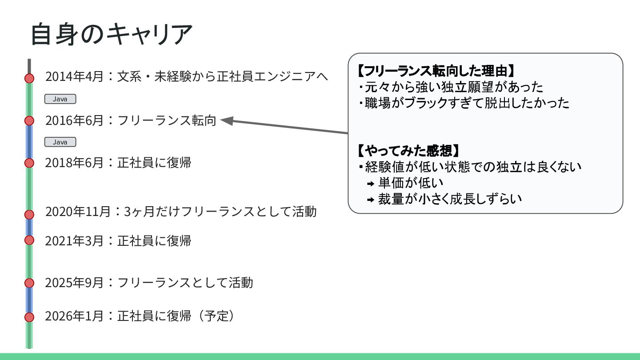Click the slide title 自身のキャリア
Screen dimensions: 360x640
111,34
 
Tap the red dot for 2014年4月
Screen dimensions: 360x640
29,78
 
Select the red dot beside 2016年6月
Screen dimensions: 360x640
29,120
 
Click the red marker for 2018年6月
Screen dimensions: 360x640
29,163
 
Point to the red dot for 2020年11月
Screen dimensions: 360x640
29,214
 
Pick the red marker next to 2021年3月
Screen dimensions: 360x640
29,240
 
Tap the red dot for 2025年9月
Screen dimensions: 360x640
29,283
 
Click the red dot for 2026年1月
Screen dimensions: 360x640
29,317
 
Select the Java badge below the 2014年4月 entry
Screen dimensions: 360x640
60,99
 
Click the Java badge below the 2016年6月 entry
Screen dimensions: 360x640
60,142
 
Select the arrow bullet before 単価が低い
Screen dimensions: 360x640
371,184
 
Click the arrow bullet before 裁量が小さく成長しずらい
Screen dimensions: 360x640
371,200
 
